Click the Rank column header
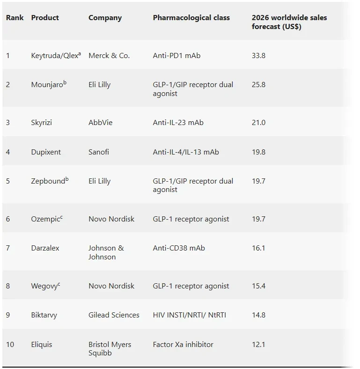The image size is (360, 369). coord(15,18)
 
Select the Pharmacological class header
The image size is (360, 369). coord(191,18)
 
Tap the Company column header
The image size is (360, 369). coord(105,18)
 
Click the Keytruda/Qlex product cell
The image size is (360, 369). coord(56,55)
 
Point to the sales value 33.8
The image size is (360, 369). coord(258,56)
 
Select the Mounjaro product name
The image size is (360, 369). coord(49,84)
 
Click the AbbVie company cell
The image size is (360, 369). coord(101,122)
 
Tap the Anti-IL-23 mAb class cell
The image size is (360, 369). coord(178,122)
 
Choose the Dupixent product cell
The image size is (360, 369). coord(46,152)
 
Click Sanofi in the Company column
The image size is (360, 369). coord(99,152)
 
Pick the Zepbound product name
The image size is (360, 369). coord(50,180)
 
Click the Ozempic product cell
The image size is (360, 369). coord(47,219)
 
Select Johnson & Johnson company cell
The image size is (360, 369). coord(106,252)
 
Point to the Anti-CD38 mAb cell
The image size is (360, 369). coord(179,248)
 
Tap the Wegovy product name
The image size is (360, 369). coord(45,286)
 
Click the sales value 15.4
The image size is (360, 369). coord(258,286)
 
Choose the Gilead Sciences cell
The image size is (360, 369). coord(114,315)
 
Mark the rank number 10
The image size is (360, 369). coord(10,345)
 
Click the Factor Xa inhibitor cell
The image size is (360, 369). coord(183,345)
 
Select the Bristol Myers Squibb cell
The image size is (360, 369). coord(110,349)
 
